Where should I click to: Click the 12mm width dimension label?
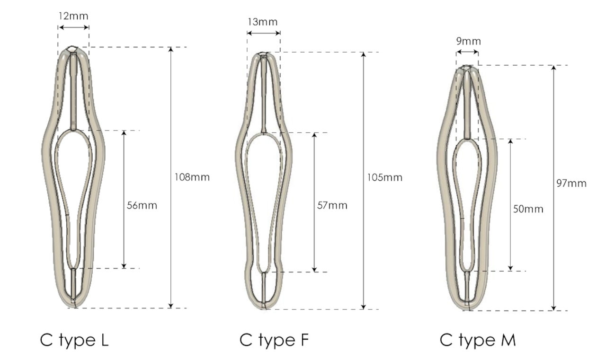pos(73,16)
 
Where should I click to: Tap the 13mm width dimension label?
pos(263,22)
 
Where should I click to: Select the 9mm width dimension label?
pos(468,41)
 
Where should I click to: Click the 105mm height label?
pos(384,178)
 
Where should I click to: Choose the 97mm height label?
pos(571,184)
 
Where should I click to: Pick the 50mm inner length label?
pos(528,209)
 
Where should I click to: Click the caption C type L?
pos(74,340)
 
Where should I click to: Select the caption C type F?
pos(275,340)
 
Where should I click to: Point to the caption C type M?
pos(478,340)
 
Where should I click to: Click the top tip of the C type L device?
pos(73,48)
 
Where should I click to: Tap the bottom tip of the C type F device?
pos(266,308)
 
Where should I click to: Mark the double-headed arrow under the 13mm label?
pos(263,33)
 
